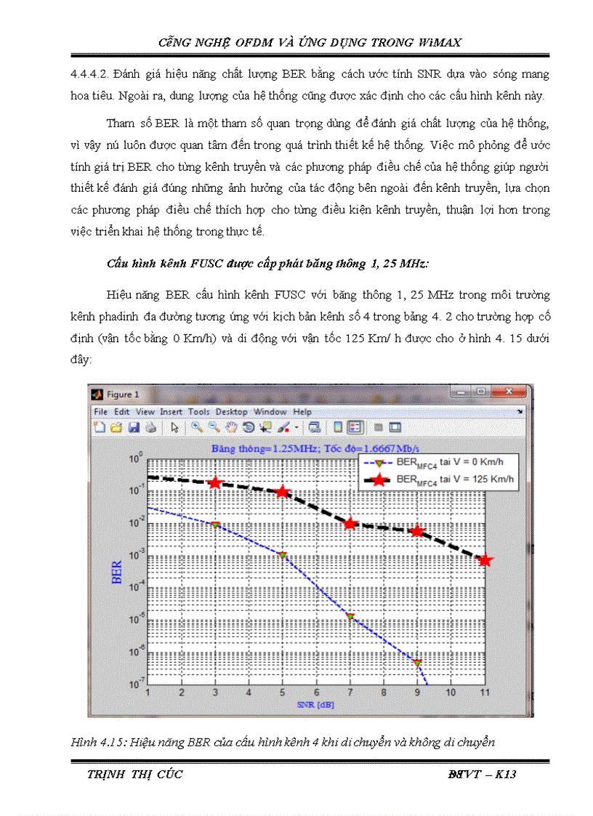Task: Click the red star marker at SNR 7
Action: click(x=350, y=523)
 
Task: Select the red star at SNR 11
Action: click(x=485, y=560)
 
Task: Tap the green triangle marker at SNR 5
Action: click(x=283, y=556)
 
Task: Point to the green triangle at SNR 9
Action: click(x=417, y=663)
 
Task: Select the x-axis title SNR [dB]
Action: click(x=316, y=704)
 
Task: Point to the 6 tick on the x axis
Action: click(x=316, y=692)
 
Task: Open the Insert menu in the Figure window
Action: click(x=172, y=412)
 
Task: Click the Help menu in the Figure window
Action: click(x=302, y=412)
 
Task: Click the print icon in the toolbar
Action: click(x=150, y=427)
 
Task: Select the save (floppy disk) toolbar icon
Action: click(x=134, y=427)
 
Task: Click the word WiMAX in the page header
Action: click(x=439, y=43)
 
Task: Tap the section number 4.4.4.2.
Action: click(x=89, y=75)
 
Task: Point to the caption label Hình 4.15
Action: click(x=92, y=743)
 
